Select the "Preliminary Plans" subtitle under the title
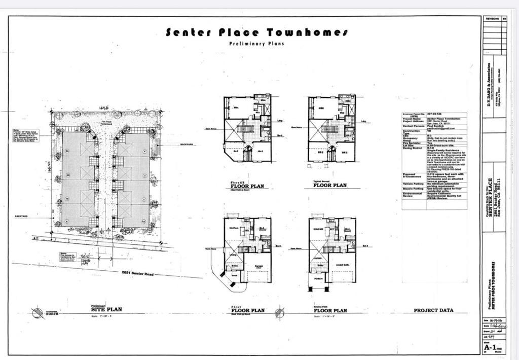[256, 44]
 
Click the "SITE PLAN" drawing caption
[106, 309]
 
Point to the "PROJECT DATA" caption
[433, 310]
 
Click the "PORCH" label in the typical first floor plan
[318, 278]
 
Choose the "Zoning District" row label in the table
[412, 150]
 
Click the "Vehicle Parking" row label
[412, 184]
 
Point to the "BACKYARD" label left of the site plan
[21, 217]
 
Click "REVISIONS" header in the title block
[492, 18]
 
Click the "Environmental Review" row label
[412, 195]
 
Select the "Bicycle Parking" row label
[412, 189]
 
